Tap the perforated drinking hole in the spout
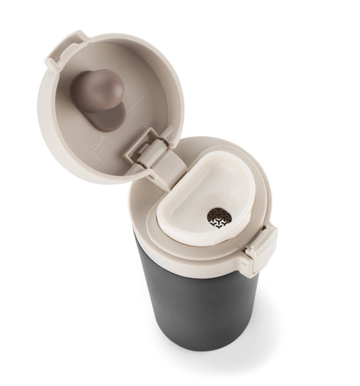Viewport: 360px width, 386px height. [218, 219]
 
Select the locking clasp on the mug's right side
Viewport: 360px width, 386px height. [261, 248]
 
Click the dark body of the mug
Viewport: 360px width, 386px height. [193, 302]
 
